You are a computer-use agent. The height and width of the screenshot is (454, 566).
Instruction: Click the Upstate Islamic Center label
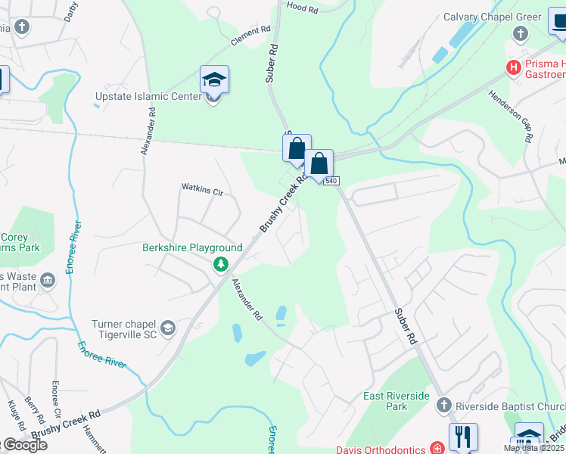coord(149,97)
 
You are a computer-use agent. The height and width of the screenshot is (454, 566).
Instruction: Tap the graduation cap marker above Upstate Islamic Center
coord(214,79)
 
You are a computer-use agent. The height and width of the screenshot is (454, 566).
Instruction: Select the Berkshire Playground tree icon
coord(220,264)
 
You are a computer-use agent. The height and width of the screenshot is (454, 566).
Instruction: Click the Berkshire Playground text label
coord(192,247)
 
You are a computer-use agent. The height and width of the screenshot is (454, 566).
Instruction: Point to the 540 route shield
coord(332,181)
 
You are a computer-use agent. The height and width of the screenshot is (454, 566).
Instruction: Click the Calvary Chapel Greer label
coord(493,17)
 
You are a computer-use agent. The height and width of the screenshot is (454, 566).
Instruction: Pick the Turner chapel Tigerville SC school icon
coord(167,328)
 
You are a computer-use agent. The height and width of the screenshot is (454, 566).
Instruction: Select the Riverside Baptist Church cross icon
coord(444,406)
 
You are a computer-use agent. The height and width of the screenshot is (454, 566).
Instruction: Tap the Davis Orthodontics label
coord(381,449)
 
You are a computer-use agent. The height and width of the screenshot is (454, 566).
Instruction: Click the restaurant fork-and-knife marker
coord(462,437)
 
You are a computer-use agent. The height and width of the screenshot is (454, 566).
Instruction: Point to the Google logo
coord(24,445)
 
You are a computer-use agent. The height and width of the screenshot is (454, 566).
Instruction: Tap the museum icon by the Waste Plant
coord(48,281)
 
